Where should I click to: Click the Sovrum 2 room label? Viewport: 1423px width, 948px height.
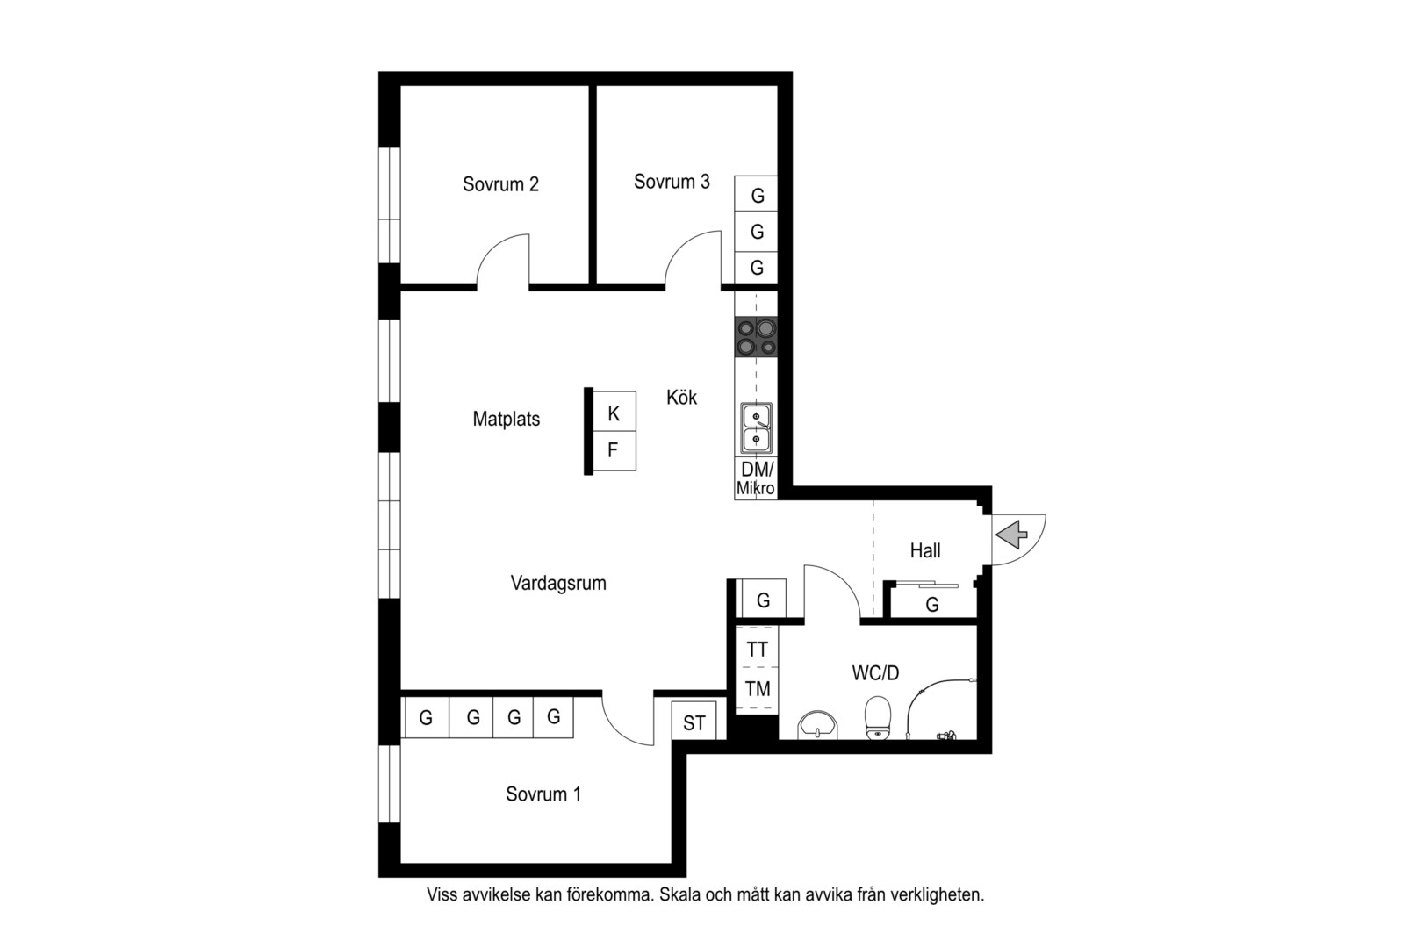pyautogui.click(x=500, y=184)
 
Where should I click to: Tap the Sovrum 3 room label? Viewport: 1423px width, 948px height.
pyautogui.click(x=672, y=182)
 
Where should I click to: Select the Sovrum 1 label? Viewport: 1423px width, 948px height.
pyautogui.click(x=543, y=794)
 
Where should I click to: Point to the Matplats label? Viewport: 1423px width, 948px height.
pyautogui.click(x=507, y=419)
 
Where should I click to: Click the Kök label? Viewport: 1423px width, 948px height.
pyautogui.click(x=681, y=397)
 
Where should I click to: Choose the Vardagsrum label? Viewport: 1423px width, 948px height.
pyautogui.click(x=558, y=584)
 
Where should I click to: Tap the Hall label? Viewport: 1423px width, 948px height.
pyautogui.click(x=925, y=550)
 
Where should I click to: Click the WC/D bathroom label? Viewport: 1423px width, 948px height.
pyautogui.click(x=875, y=673)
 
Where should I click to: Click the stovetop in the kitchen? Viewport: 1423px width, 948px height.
pyautogui.click(x=756, y=337)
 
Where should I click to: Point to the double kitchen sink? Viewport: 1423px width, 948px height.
pyautogui.click(x=756, y=428)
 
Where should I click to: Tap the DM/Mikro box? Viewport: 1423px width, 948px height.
pyautogui.click(x=756, y=478)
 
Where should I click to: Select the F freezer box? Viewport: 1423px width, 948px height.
pyautogui.click(x=614, y=450)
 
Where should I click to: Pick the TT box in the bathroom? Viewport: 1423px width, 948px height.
pyautogui.click(x=758, y=648)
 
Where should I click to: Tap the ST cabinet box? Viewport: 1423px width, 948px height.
pyautogui.click(x=694, y=722)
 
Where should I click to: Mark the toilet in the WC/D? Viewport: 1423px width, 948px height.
pyautogui.click(x=878, y=718)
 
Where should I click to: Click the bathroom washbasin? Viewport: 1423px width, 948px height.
pyautogui.click(x=817, y=725)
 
